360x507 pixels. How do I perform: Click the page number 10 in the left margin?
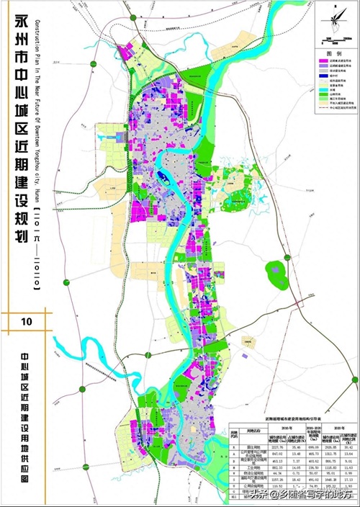27,320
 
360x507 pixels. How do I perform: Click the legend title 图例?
333,53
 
